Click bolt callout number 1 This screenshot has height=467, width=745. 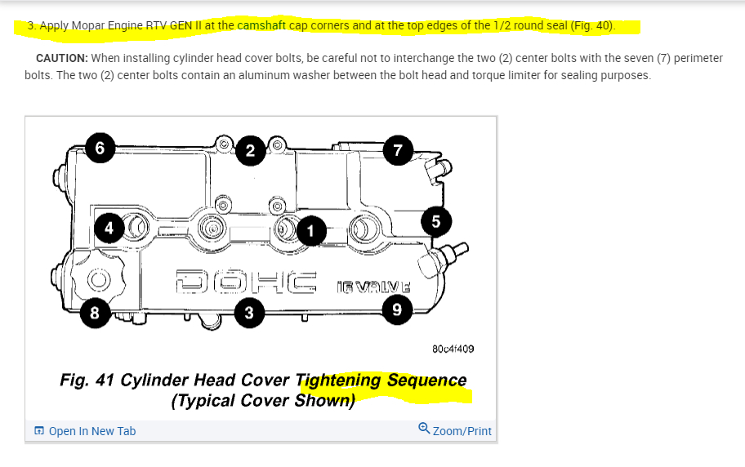310,231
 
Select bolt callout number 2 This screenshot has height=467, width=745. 250,150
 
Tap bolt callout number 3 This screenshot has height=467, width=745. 248,313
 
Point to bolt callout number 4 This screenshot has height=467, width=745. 108,228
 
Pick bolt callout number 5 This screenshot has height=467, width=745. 435,220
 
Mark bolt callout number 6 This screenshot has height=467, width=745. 100,148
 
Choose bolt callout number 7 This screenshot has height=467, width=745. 398,149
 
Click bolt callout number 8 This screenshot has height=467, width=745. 96,314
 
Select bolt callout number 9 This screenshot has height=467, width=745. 397,308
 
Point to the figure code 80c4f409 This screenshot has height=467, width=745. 453,349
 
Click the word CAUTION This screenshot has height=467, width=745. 62,58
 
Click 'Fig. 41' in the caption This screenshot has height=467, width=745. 87,380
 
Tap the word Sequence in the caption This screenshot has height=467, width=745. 426,380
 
